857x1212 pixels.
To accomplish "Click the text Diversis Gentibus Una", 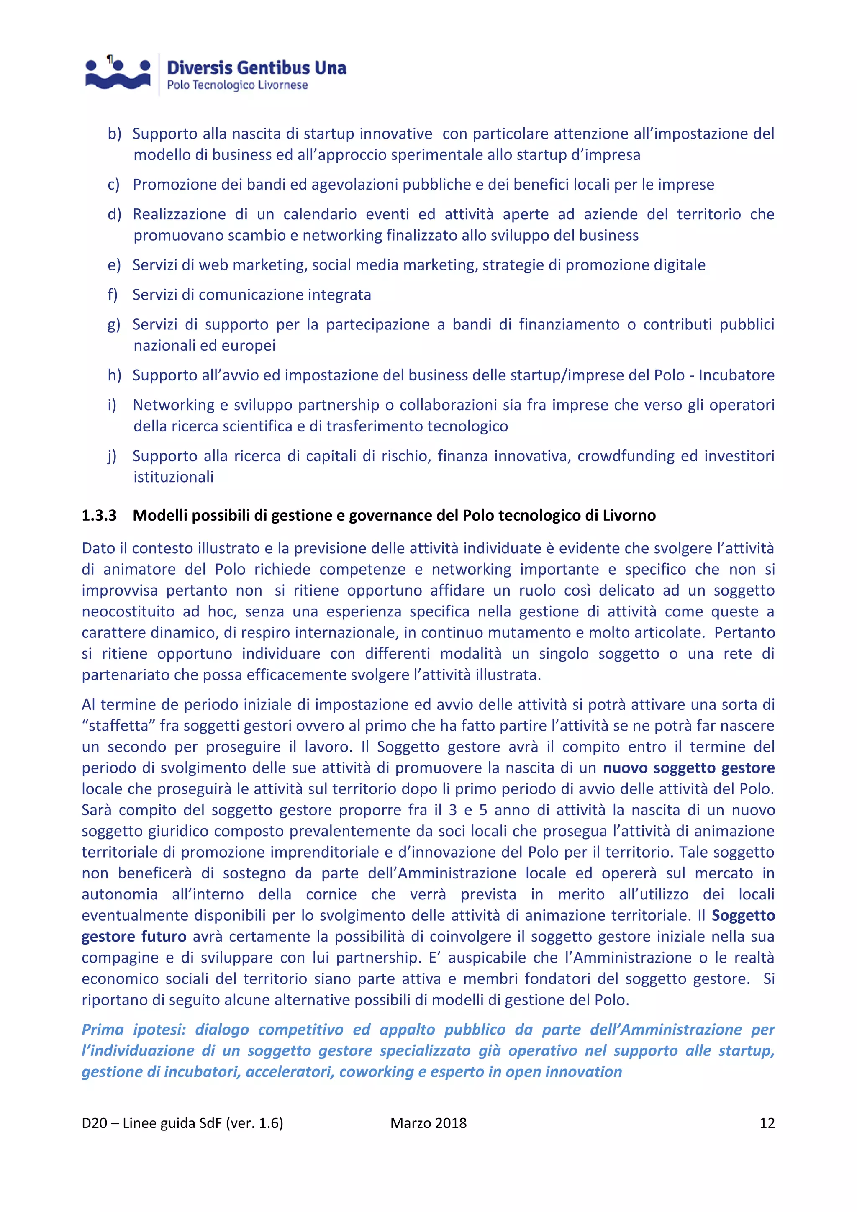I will pos(257,68).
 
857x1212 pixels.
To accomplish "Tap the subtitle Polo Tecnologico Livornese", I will pos(237,85).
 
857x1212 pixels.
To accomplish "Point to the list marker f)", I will pos(113,295).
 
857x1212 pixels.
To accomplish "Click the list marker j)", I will pos(112,456).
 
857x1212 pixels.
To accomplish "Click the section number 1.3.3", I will pos(99,515).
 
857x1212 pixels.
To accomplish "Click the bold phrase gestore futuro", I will pos(134,937).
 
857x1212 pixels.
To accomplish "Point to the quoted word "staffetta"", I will pos(119,725).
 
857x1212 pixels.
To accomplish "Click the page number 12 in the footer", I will pos(767,1123).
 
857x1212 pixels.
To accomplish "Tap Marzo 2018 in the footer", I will pos(428,1123).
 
